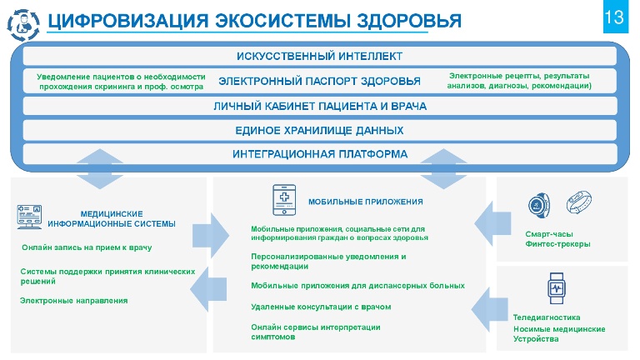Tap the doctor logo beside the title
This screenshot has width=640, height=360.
23,25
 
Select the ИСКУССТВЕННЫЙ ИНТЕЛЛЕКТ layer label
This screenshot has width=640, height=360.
320,56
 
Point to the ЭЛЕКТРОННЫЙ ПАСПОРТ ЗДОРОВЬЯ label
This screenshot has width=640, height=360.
319,81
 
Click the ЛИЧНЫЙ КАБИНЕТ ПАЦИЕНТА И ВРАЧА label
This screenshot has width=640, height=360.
320,106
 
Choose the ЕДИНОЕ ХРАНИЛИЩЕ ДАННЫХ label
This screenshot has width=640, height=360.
319,130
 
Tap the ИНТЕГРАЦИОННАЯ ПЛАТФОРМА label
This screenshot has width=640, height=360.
320,154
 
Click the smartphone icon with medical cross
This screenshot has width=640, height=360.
284,200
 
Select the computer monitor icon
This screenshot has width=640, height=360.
29,217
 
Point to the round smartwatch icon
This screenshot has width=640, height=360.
539,205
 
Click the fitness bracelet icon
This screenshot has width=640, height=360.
579,202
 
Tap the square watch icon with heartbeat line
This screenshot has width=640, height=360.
557,288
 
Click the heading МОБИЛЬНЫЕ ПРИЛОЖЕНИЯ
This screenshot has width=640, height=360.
365,202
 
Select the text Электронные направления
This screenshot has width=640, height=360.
74,301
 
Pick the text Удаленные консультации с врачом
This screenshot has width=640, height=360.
321,307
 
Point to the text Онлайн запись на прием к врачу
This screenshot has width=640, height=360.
87,247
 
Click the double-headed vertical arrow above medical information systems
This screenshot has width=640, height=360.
100,169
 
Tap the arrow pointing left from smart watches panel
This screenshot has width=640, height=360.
492,223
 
